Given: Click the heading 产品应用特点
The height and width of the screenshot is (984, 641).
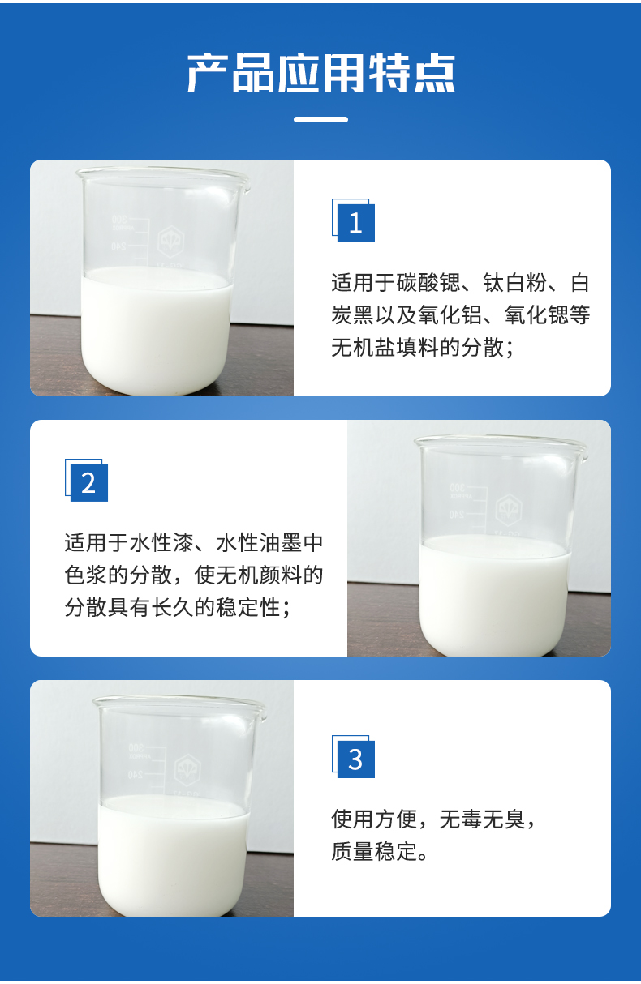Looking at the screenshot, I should click(x=320, y=73).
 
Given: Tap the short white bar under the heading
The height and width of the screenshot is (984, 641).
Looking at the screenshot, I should click(x=320, y=119).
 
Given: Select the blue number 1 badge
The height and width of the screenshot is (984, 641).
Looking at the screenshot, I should click(x=355, y=222).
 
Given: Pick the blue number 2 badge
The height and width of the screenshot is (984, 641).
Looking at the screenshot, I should click(x=88, y=482).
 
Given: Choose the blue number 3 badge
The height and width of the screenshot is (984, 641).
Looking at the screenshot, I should click(x=355, y=759).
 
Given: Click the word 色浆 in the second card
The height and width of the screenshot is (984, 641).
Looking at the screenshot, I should click(x=81, y=575).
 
